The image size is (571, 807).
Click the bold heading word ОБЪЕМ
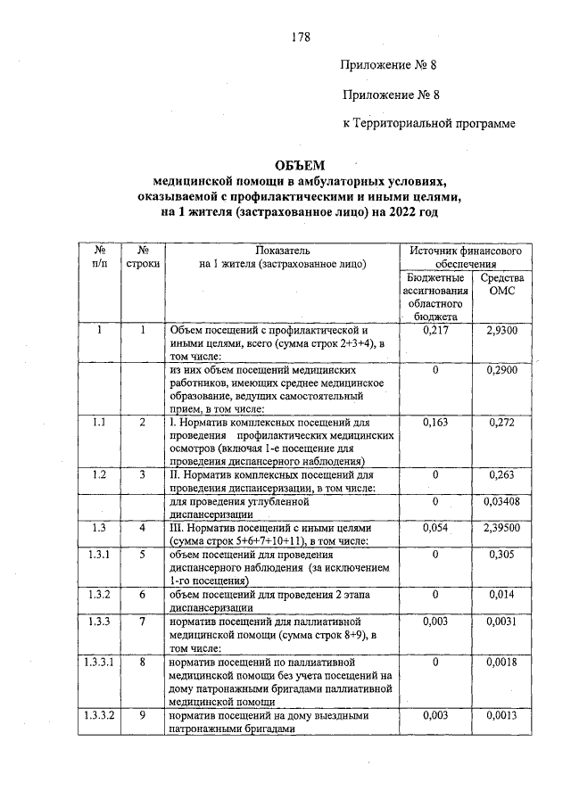pos(300,166)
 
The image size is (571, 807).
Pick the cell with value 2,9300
pos(503,330)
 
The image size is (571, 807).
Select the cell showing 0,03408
pos(503,502)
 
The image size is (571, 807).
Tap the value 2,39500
pos(503,529)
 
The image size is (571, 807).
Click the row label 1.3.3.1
pos(101,663)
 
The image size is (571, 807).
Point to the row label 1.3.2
pos(101,594)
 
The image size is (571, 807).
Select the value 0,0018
pos(503,663)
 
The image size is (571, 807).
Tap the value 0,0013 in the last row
pos(503,716)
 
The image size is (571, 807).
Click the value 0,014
pos(503,594)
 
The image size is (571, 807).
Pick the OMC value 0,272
pos(503,423)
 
